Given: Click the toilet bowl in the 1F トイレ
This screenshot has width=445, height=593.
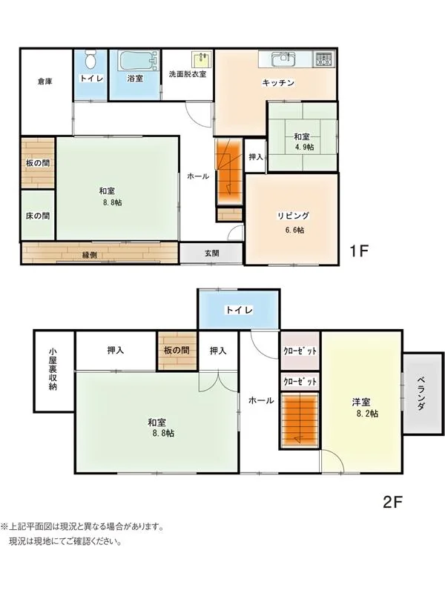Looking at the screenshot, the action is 90,60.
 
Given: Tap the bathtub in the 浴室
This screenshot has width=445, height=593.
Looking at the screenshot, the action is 138,61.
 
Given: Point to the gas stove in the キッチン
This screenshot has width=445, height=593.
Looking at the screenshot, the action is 324,59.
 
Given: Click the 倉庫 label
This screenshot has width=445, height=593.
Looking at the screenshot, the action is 45,82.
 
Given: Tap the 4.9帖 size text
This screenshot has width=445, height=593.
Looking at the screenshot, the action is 304,147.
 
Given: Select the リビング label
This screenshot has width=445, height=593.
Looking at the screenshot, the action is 293,216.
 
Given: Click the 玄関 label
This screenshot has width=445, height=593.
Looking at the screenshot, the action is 212,254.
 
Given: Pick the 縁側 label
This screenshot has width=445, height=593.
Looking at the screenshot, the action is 89,255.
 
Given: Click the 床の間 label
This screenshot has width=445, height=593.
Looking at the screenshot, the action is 38,216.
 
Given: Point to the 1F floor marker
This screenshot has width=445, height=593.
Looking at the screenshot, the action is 359,251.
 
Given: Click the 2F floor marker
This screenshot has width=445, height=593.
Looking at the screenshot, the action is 392,502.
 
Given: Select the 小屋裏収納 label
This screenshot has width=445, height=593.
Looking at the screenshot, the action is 53,368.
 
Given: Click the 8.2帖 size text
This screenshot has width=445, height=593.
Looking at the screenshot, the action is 367,414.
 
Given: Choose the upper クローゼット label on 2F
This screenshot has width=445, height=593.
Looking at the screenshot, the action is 300,351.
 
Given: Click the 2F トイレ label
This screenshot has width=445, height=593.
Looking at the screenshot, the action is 239,311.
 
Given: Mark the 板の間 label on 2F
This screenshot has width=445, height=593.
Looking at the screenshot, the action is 177,351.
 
